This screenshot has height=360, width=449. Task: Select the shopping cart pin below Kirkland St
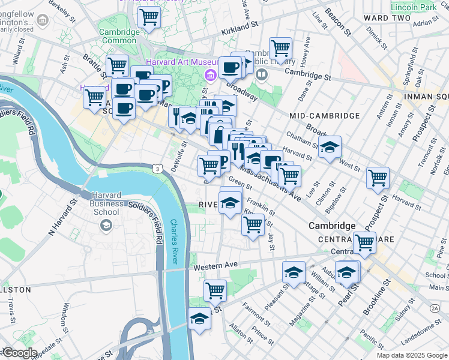point(280,48)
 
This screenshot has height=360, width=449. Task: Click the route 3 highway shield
point(156,170)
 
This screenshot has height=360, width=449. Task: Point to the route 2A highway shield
point(435,308)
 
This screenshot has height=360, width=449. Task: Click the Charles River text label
point(181,241)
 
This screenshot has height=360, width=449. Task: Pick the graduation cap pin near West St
point(329,147)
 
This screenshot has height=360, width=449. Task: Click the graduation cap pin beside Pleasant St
point(294,272)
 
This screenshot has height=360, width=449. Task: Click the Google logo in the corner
point(19,353)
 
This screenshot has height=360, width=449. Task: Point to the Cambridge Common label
point(119,36)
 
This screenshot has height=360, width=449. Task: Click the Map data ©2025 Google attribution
point(411,355)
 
